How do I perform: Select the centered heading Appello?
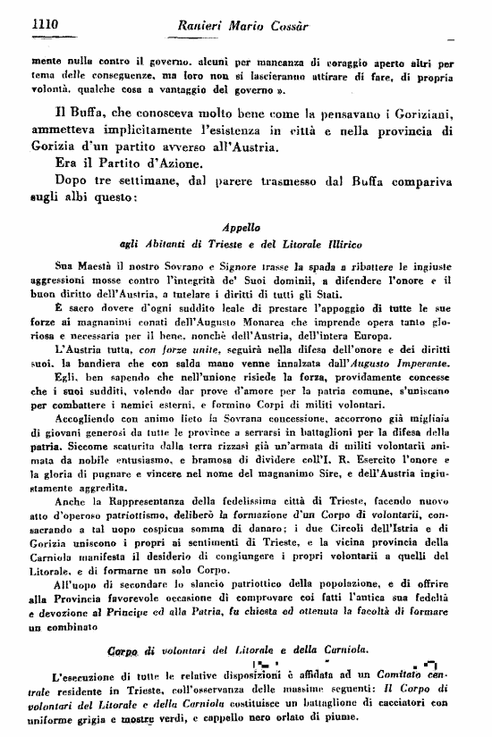244,227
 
